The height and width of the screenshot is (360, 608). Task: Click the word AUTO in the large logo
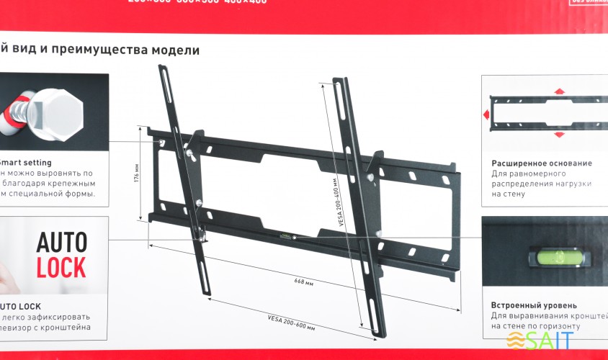[62, 240]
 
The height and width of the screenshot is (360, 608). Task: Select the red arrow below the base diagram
[559, 135]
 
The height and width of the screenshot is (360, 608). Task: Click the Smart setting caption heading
[26, 163]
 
